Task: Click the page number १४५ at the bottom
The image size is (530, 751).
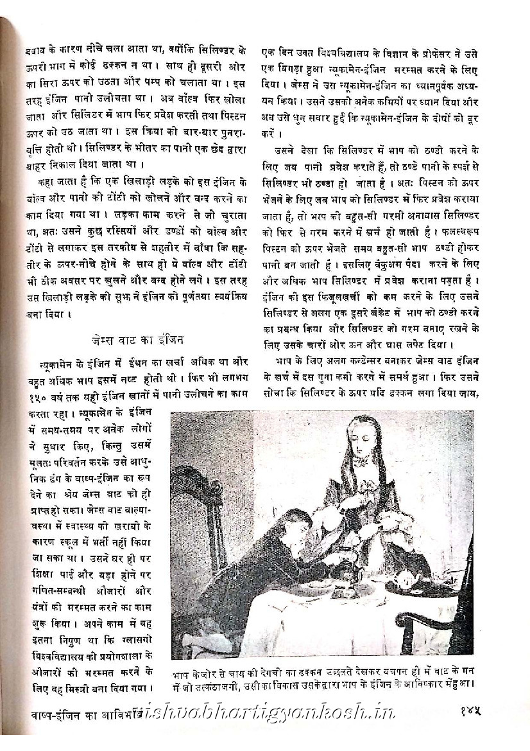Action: [x=471, y=712]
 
